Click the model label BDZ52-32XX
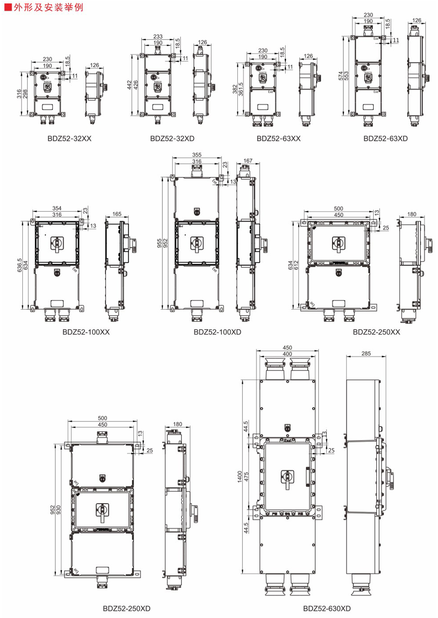[69, 139]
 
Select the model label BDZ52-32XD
[172, 139]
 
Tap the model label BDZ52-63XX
[278, 139]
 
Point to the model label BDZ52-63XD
[385, 139]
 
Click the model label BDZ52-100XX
[86, 332]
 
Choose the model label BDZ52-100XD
[217, 332]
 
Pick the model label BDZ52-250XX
[376, 332]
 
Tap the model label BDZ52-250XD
[126, 609]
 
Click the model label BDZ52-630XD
[327, 609]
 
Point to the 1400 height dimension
[240, 477]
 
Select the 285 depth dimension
[366, 353]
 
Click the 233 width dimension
[158, 36]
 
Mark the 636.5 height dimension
[20, 265]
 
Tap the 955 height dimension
[159, 243]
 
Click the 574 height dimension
[341, 76]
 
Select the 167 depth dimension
[248, 160]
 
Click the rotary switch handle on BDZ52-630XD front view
[287, 479]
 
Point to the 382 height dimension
[235, 89]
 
